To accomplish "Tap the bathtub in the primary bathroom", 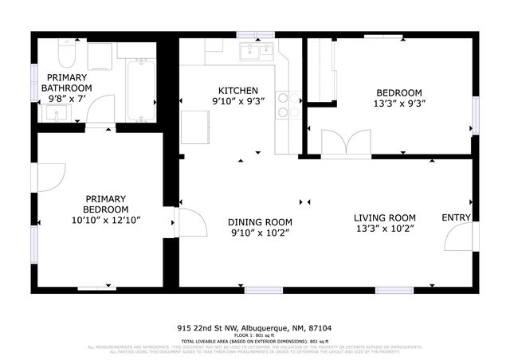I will pos(141,88).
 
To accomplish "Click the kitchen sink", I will pos(257,53).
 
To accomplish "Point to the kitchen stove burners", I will pos(288,106).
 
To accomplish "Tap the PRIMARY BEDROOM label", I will pos(106,204).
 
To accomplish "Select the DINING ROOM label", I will pos(260,222).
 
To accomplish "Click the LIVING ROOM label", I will pos(385,217).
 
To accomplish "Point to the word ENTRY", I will pos(456,217).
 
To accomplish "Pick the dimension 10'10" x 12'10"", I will pos(106,220).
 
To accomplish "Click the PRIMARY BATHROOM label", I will pos(68,82).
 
